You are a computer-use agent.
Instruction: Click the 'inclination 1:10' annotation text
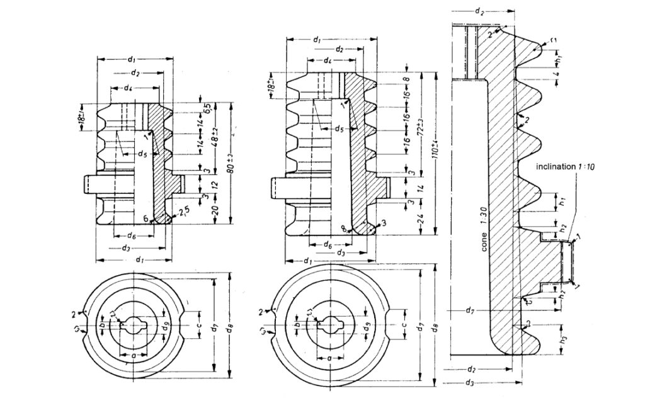(x=566, y=166)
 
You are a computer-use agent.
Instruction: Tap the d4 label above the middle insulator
(x=328, y=60)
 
